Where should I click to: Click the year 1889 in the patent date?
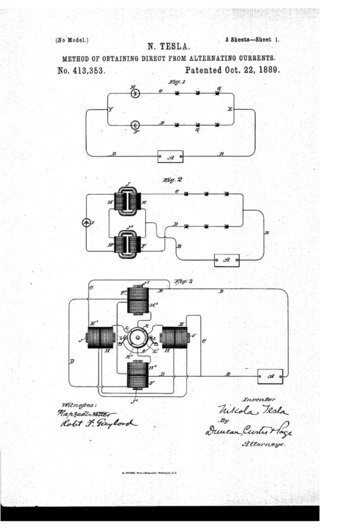261,72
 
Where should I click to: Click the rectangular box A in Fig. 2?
233,259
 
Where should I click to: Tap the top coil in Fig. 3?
142,300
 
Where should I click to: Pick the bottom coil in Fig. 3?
141,376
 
